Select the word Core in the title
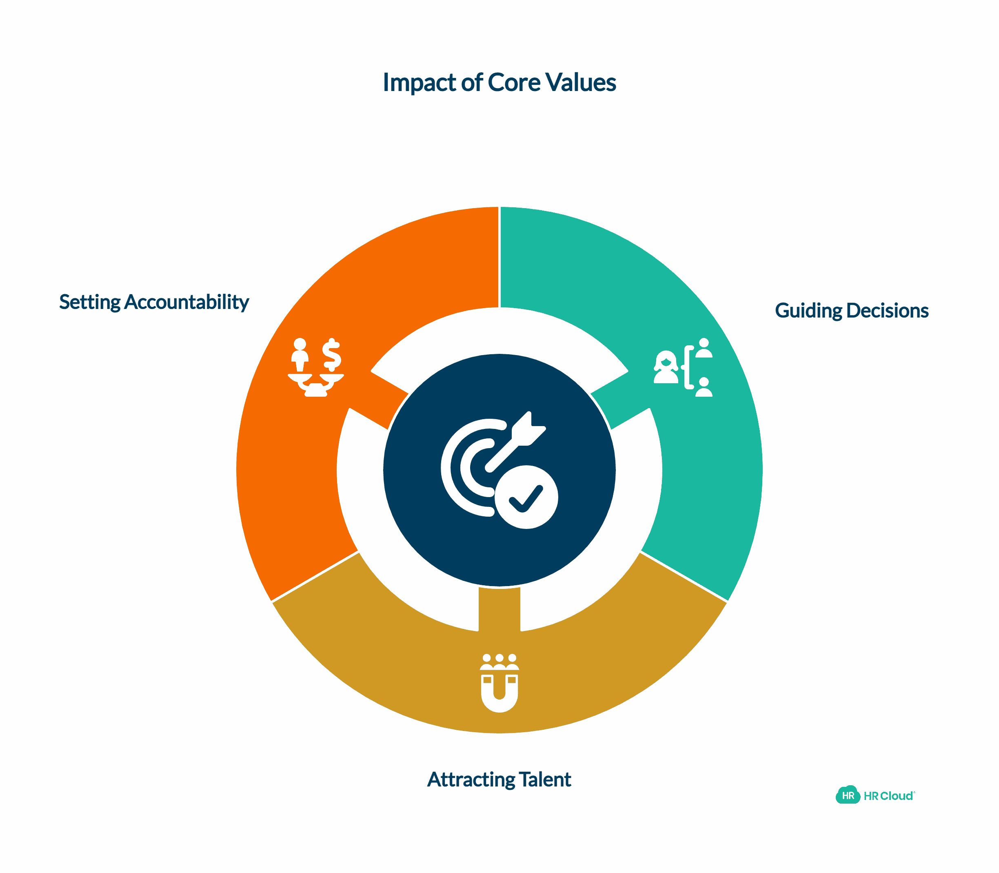click(513, 82)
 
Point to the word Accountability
click(186, 302)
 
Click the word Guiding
click(808, 311)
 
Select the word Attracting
click(471, 780)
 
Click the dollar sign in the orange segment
click(332, 354)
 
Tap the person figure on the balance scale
click(300, 355)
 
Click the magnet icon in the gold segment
click(499, 692)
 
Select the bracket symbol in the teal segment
click(688, 367)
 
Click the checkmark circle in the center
click(526, 497)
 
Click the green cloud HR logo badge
click(848, 795)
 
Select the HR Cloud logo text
click(888, 795)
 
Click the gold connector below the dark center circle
click(499, 609)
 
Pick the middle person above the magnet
click(499, 661)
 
